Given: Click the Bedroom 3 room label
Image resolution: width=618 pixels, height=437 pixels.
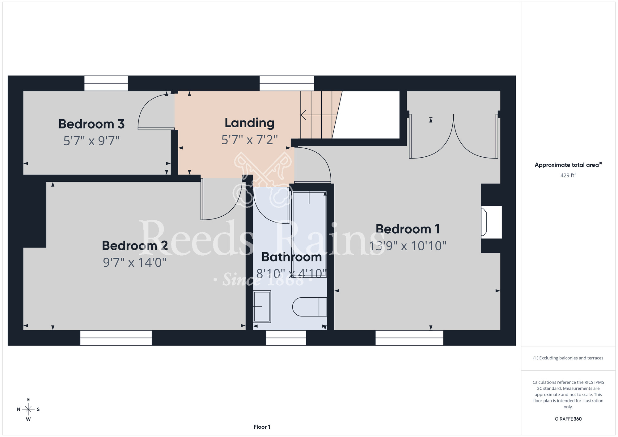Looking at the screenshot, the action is click(x=91, y=124).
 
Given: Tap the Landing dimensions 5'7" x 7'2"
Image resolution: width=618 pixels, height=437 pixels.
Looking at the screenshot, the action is click(x=250, y=140).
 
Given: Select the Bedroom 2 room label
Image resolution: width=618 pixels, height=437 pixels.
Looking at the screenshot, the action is click(x=135, y=246).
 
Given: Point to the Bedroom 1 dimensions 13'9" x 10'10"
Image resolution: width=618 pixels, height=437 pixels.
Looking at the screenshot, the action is click(x=408, y=246).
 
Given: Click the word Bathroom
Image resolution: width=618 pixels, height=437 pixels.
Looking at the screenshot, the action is click(x=292, y=257).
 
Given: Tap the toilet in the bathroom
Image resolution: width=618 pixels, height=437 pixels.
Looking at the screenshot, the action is click(x=309, y=307).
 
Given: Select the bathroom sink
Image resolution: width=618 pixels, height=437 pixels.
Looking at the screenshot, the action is click(x=262, y=307).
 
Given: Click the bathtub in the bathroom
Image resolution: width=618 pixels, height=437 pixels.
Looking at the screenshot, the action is click(x=309, y=234).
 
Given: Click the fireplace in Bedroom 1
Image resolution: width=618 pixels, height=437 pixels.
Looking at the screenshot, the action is click(x=491, y=222).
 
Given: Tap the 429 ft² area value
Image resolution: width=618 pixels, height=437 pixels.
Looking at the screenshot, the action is click(x=568, y=175).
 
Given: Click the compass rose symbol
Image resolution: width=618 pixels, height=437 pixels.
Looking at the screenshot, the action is click(x=28, y=409).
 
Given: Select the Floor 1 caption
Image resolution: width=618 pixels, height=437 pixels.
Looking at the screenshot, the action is click(x=262, y=427).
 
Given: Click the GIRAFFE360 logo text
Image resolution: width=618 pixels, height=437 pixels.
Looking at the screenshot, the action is click(x=568, y=419).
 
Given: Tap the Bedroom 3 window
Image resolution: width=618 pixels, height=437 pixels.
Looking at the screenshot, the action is click(x=106, y=83).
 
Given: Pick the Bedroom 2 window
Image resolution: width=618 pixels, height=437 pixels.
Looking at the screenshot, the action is click(x=116, y=338).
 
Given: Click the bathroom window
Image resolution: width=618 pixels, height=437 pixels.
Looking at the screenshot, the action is click(x=286, y=338).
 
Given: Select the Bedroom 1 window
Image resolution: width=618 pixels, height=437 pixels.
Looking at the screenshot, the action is click(x=409, y=338).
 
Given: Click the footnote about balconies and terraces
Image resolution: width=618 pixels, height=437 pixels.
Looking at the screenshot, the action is click(x=568, y=358).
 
